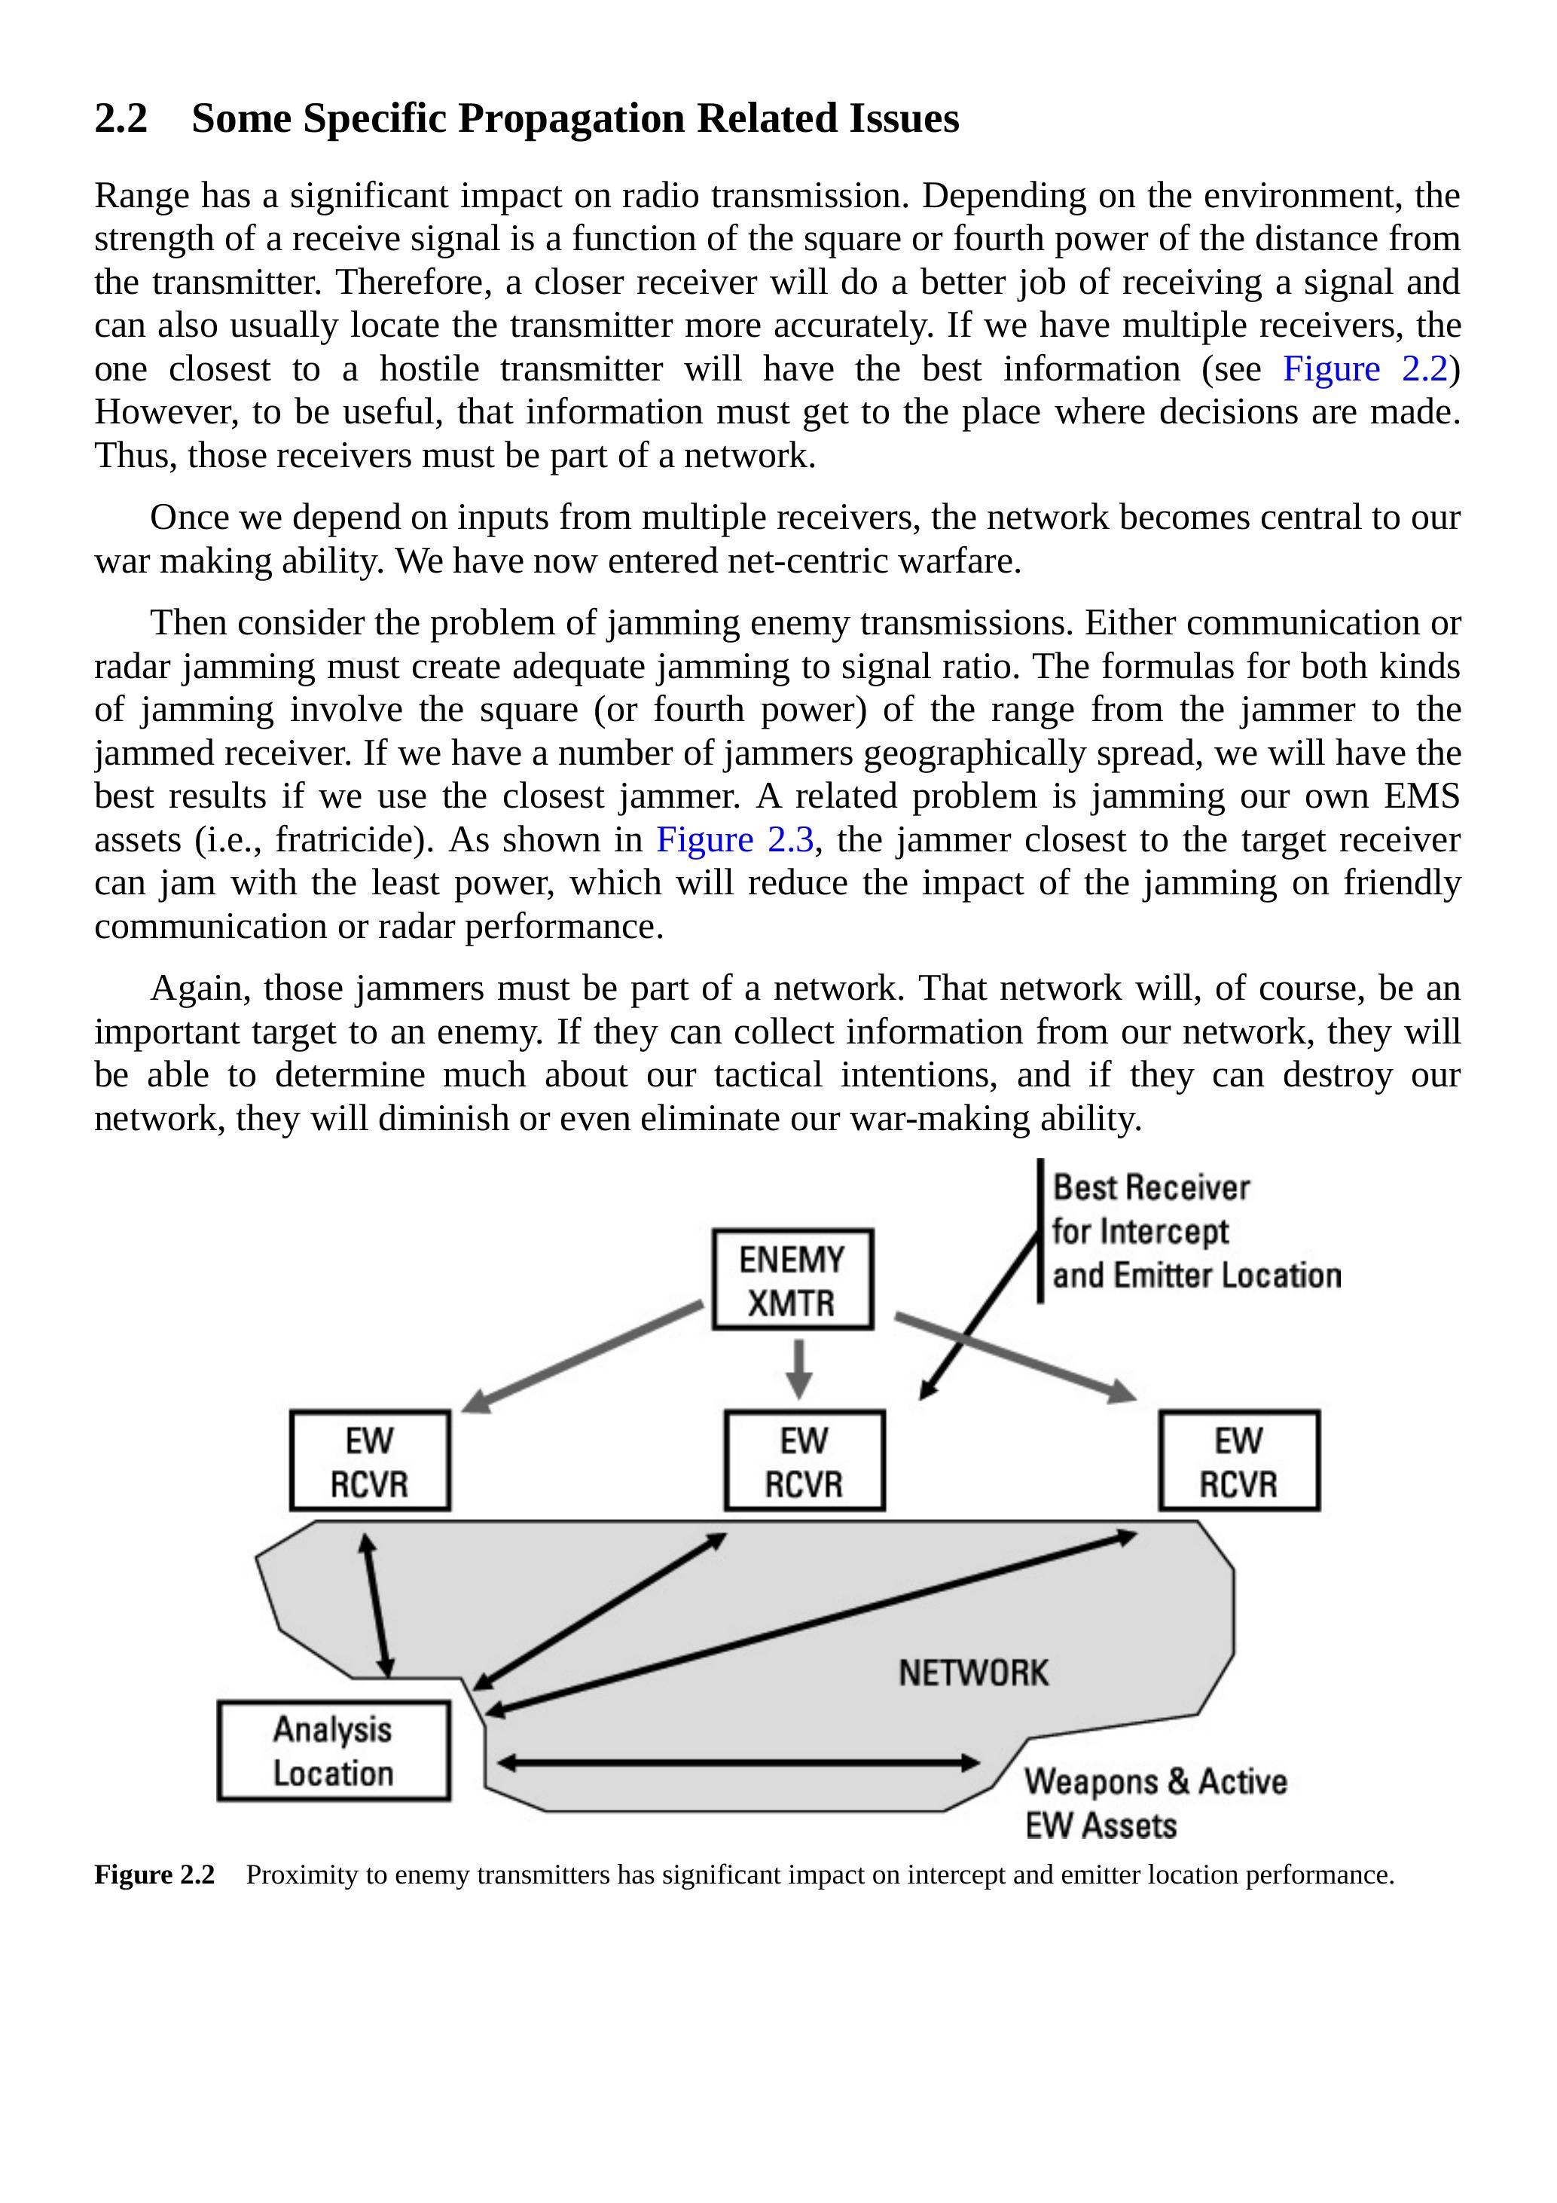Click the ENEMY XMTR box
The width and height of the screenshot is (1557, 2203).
tap(792, 1280)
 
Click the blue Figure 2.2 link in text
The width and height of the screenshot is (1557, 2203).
tap(1364, 369)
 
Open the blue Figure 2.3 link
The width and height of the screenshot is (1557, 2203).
tap(735, 841)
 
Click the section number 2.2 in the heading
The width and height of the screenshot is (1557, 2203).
tap(121, 119)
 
